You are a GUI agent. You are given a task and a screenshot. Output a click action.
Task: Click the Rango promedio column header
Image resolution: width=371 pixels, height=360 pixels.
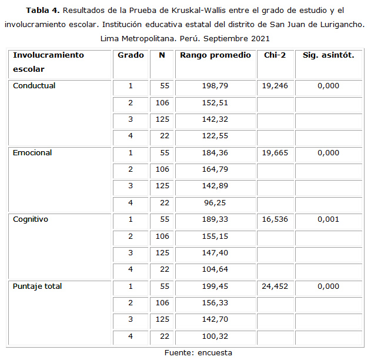[215, 55]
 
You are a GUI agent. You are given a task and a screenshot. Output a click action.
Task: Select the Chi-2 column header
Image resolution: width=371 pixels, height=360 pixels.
[274, 55]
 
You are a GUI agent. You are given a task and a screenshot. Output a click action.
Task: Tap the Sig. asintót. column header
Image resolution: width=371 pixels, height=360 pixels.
[328, 55]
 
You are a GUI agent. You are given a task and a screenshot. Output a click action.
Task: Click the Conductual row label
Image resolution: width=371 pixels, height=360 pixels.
[34, 86]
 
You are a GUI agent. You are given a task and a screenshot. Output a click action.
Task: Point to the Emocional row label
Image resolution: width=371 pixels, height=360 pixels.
[32, 153]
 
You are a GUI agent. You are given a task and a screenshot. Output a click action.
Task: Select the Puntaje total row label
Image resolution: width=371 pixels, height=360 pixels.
[38, 287]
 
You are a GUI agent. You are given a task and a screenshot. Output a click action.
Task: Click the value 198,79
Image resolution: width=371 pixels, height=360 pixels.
[215, 86]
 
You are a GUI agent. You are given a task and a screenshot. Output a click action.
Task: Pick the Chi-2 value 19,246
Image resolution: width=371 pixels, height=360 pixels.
[275, 86]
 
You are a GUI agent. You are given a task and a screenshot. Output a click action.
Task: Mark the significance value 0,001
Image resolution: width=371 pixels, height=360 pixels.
[328, 220]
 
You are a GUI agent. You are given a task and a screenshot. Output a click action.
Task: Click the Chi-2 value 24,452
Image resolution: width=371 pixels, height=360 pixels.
[275, 287]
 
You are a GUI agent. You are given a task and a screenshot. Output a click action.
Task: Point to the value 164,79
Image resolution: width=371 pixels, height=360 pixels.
[215, 171]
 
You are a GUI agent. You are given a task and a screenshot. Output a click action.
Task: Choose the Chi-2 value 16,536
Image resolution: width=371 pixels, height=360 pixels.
[275, 220]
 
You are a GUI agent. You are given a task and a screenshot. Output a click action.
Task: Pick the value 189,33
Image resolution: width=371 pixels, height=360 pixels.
[215, 220]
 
